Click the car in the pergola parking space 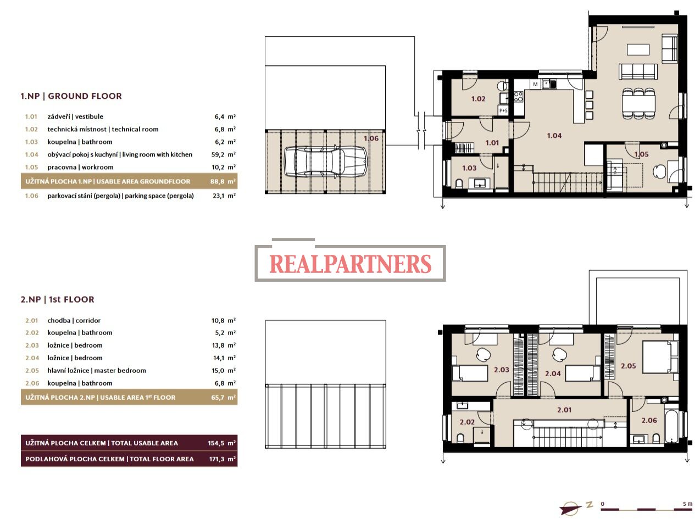click(325, 161)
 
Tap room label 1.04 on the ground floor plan click(554, 136)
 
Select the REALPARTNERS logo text click(351, 264)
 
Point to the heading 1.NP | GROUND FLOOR click(71, 96)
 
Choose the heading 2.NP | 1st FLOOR click(58, 299)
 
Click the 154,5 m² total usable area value click(221, 443)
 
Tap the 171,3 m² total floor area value click(222, 459)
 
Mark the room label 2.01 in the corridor click(564, 410)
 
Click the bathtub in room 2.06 click(671, 426)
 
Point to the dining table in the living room click(638, 103)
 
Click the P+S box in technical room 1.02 click(503, 110)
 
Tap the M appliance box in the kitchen click(535, 84)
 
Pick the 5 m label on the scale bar click(687, 504)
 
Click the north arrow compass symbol click(571, 507)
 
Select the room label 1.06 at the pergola click(371, 138)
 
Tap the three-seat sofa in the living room click(638, 71)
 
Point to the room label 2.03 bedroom click(502, 370)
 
